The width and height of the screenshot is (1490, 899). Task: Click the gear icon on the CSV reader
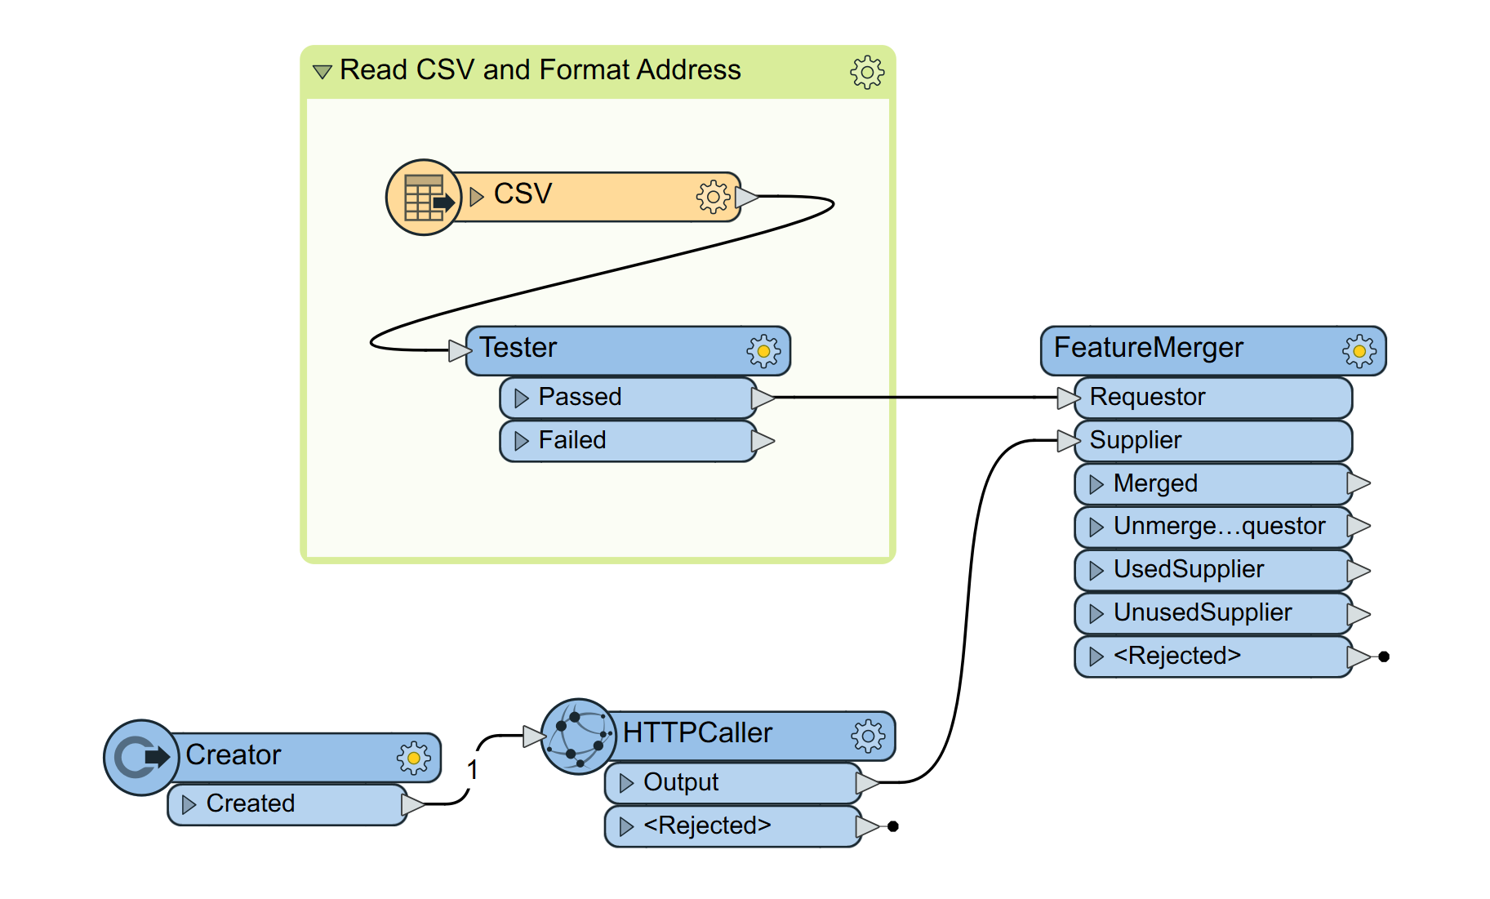pyautogui.click(x=713, y=197)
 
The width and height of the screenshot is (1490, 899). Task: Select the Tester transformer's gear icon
pyautogui.click(x=763, y=351)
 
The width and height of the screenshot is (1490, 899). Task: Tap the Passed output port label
pyautogui.click(x=580, y=397)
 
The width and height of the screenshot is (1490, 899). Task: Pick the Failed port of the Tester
pyautogui.click(x=572, y=440)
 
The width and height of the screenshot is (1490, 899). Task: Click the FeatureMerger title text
pyautogui.click(x=1148, y=348)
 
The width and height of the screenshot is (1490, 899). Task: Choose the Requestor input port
pyautogui.click(x=1147, y=397)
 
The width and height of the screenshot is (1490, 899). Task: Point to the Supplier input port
pyautogui.click(x=1135, y=440)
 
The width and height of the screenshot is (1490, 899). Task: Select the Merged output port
pyautogui.click(x=1155, y=483)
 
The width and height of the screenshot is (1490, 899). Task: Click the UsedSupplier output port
pyautogui.click(x=1188, y=569)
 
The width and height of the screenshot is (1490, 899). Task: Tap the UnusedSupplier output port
pyautogui.click(x=1202, y=612)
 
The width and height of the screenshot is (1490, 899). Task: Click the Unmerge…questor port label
pyautogui.click(x=1219, y=526)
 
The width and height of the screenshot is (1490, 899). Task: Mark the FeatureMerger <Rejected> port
pyautogui.click(x=1176, y=656)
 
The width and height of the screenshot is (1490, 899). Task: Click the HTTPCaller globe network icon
pyautogui.click(x=579, y=737)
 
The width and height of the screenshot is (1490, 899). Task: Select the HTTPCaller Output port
pyautogui.click(x=681, y=782)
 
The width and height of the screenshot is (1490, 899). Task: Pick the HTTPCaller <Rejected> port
pyautogui.click(x=707, y=826)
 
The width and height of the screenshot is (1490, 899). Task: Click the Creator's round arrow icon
pyautogui.click(x=141, y=758)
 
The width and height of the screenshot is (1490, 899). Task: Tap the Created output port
pyautogui.click(x=250, y=803)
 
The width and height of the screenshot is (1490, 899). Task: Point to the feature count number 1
pyautogui.click(x=472, y=770)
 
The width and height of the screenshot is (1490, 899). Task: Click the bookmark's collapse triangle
pyautogui.click(x=322, y=72)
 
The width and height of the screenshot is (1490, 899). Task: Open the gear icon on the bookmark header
pyautogui.click(x=867, y=72)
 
